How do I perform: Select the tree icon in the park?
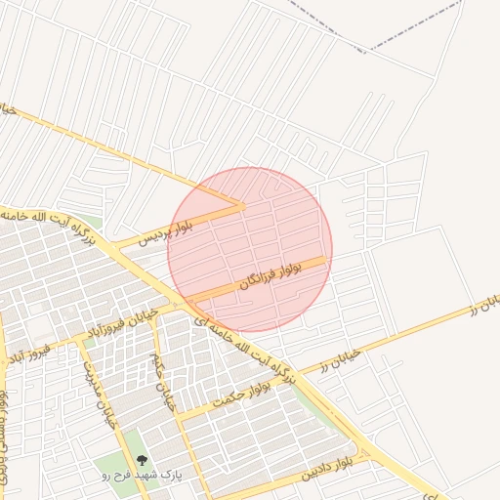coord(142,459)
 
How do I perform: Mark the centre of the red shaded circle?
coord(250,249)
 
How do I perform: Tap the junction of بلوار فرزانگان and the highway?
coord(187,298)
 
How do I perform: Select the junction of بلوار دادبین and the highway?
coord(369,454)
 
